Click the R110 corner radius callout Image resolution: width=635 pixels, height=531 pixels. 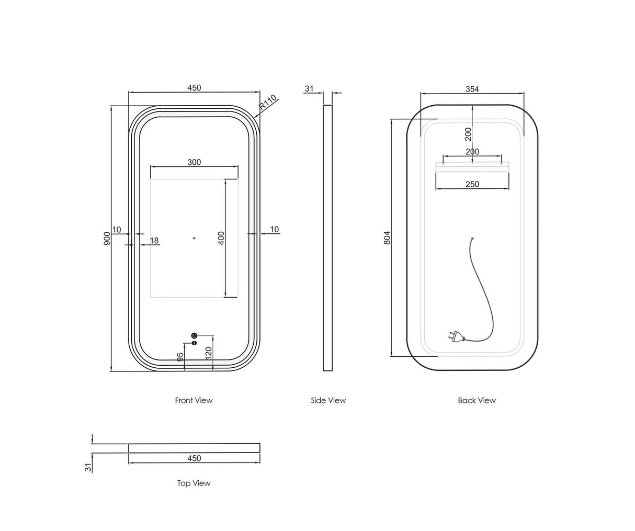(268, 102)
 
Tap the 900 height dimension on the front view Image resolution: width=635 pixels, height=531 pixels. (107, 239)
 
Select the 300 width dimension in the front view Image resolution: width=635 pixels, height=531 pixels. (194, 162)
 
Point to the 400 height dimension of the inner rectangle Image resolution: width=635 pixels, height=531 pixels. (221, 238)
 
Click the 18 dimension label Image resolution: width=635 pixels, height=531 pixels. (154, 241)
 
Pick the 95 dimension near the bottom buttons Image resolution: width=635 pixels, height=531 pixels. (180, 357)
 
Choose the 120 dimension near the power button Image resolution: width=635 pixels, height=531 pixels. (208, 354)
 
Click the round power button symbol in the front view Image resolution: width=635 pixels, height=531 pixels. (194, 335)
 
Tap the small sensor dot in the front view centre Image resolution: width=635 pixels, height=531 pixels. (194, 238)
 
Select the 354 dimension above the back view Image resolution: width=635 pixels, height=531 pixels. (472, 89)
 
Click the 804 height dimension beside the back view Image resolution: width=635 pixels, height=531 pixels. (387, 238)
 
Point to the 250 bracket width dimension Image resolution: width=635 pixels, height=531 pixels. (472, 184)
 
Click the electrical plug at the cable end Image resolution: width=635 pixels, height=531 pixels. (455, 337)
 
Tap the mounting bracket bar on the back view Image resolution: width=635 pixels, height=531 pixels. (472, 167)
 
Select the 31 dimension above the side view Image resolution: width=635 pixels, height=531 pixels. (309, 88)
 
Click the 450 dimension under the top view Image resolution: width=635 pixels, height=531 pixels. (194, 458)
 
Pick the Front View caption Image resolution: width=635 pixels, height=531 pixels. (194, 400)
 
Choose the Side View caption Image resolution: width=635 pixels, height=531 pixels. (328, 400)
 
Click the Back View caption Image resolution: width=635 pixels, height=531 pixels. (477, 400)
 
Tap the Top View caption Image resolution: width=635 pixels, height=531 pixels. (194, 483)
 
